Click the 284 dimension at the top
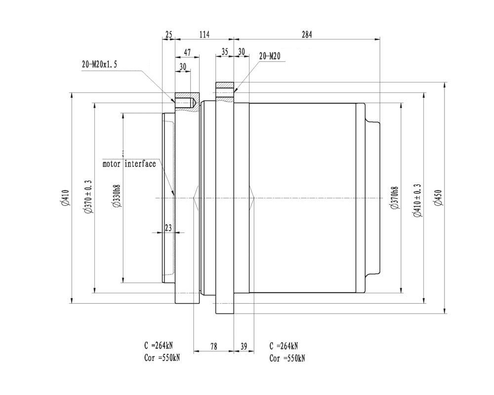[307, 35]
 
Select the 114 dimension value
[205, 35]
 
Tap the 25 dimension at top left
[169, 35]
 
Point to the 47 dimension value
[187, 52]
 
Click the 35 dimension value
[225, 52]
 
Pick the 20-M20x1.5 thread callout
[99, 65]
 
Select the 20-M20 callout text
[270, 56]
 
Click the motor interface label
[129, 164]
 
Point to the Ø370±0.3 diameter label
[88, 197]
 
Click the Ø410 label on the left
[65, 198]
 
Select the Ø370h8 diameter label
[394, 198]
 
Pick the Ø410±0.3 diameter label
[418, 200]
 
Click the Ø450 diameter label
[439, 198]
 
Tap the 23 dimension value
[168, 228]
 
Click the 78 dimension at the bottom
[213, 347]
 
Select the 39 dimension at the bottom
[244, 347]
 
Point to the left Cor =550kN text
[162, 358]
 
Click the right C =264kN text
[284, 346]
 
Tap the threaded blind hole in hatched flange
[186, 103]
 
